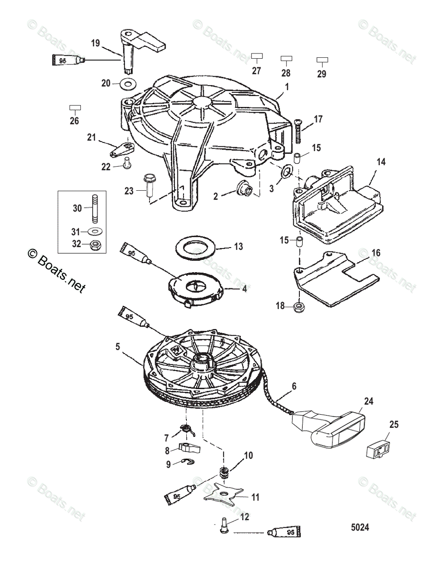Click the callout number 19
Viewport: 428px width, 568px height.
coord(95,43)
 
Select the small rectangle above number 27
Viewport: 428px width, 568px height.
coord(256,56)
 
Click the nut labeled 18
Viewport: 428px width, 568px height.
coord(299,306)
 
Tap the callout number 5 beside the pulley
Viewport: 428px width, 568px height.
coord(117,346)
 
